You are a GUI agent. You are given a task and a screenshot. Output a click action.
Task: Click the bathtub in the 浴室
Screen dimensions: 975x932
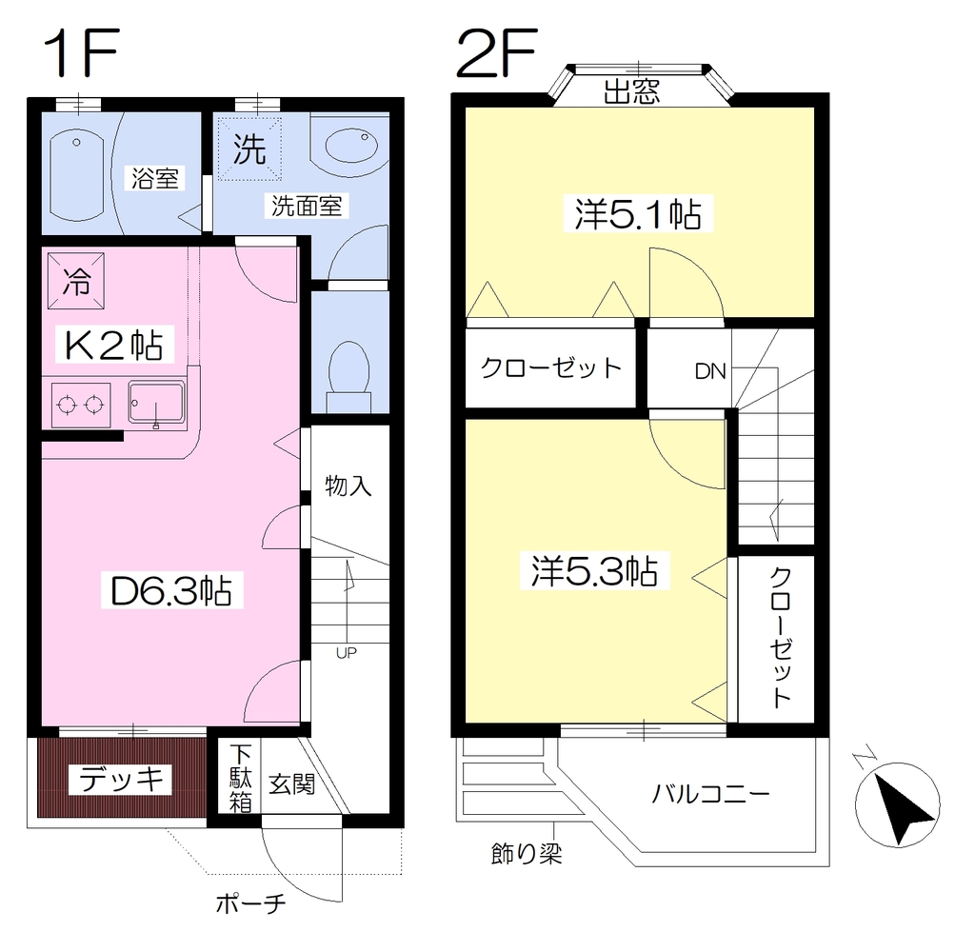click(x=76, y=175)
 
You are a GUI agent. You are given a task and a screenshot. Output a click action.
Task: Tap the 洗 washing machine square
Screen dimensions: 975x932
click(x=250, y=149)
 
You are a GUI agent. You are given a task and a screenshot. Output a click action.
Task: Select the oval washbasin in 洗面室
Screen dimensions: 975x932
click(x=351, y=146)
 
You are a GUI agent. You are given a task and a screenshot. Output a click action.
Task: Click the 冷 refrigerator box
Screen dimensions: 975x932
click(x=76, y=281)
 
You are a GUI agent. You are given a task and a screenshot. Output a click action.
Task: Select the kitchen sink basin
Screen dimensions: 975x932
click(x=156, y=404)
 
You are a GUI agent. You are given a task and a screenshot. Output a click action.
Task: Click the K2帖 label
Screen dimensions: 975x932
click(x=114, y=345)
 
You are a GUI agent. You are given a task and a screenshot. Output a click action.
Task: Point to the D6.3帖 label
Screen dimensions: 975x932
click(x=171, y=590)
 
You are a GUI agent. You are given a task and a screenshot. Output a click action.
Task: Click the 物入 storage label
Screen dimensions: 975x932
click(x=348, y=486)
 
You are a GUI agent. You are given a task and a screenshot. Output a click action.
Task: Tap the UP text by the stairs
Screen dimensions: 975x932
click(x=347, y=653)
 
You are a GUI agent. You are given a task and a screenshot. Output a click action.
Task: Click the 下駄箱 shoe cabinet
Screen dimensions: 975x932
click(x=241, y=779)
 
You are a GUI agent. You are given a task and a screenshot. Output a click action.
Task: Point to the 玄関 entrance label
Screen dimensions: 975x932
click(x=291, y=784)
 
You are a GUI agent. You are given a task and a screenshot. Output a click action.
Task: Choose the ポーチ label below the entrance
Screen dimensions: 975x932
click(x=250, y=903)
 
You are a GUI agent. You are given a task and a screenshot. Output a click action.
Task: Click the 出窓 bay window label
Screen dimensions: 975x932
click(x=632, y=92)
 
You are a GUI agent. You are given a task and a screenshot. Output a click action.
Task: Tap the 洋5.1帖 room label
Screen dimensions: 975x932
click(x=638, y=214)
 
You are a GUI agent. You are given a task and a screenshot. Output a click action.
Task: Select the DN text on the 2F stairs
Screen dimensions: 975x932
click(x=710, y=372)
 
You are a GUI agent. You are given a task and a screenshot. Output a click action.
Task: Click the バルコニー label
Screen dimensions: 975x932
click(x=710, y=794)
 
